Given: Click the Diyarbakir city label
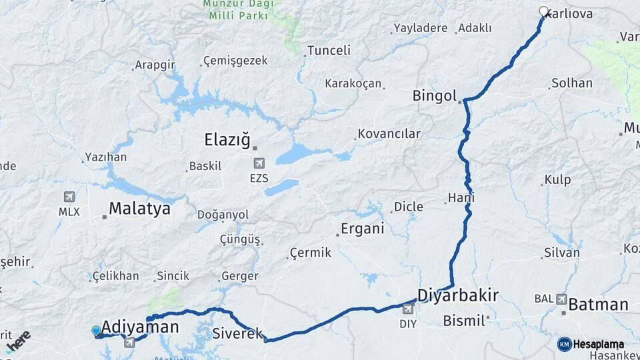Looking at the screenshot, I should pyautogui.click(x=458, y=295).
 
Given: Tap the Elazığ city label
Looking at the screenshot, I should pyautogui.click(x=227, y=140).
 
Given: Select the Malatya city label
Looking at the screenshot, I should pyautogui.click(x=139, y=209).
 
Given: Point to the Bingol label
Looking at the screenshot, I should pyautogui.click(x=434, y=95).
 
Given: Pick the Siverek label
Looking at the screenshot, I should pyautogui.click(x=238, y=333).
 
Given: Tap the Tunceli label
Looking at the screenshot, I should pyautogui.click(x=329, y=51).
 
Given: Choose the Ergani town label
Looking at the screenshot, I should pyautogui.click(x=363, y=229).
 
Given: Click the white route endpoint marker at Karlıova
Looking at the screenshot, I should pyautogui.click(x=543, y=11).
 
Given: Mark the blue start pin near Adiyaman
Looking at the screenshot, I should pyautogui.click(x=96, y=331).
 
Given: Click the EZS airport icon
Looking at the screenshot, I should pyautogui.click(x=259, y=163).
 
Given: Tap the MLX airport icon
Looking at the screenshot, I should pyautogui.click(x=69, y=198).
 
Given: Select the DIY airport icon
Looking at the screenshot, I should pyautogui.click(x=408, y=309).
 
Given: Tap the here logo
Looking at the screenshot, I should pyautogui.click(x=19, y=341).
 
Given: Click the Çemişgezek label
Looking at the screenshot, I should pyautogui.click(x=236, y=61).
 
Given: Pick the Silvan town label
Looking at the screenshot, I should pyautogui.click(x=562, y=253).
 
